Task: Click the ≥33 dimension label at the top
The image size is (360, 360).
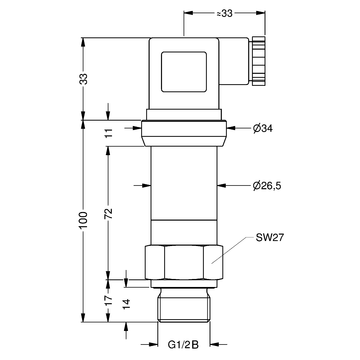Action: point(224,13)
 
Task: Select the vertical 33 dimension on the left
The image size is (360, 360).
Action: point(85,79)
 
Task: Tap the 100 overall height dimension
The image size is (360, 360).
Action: point(84,220)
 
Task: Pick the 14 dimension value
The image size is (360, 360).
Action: point(126,304)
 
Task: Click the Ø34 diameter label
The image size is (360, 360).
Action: point(262,128)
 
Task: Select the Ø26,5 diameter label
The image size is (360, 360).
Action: point(267,186)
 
